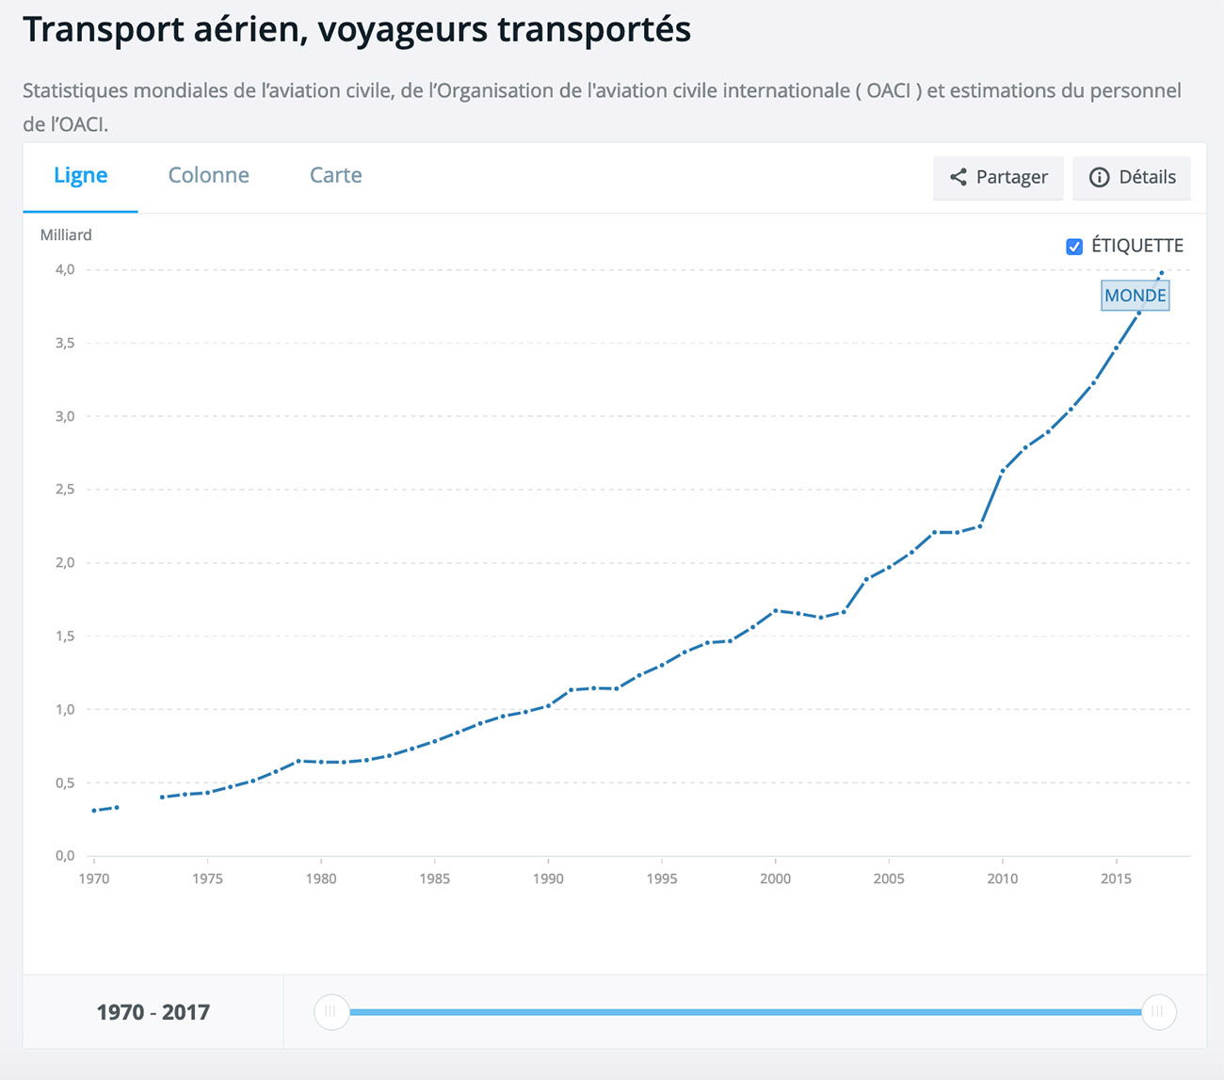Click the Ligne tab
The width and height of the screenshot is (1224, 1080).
click(80, 175)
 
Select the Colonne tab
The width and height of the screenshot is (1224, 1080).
click(208, 175)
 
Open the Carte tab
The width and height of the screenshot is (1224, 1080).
click(336, 175)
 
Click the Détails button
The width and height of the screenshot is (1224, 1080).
click(1132, 177)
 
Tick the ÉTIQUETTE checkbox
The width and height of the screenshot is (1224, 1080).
click(1074, 247)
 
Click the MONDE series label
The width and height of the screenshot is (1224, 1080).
click(1135, 296)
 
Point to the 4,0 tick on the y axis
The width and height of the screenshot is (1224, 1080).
click(65, 269)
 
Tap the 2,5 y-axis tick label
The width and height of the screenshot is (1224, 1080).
click(65, 489)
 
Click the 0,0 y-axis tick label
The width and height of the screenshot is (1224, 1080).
click(65, 855)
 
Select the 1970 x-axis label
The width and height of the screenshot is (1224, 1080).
click(94, 879)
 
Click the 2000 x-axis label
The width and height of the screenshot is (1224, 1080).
click(775, 879)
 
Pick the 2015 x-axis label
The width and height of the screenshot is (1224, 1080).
click(1116, 879)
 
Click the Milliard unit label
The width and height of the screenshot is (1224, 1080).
click(66, 234)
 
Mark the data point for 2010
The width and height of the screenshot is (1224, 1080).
click(1003, 470)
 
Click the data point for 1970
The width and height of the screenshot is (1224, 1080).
click(94, 811)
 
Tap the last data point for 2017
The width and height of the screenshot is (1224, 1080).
click(1161, 273)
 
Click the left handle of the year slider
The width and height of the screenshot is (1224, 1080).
click(331, 1011)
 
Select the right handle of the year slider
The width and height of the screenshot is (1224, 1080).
click(1159, 1011)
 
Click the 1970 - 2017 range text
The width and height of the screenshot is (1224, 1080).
click(153, 1012)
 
